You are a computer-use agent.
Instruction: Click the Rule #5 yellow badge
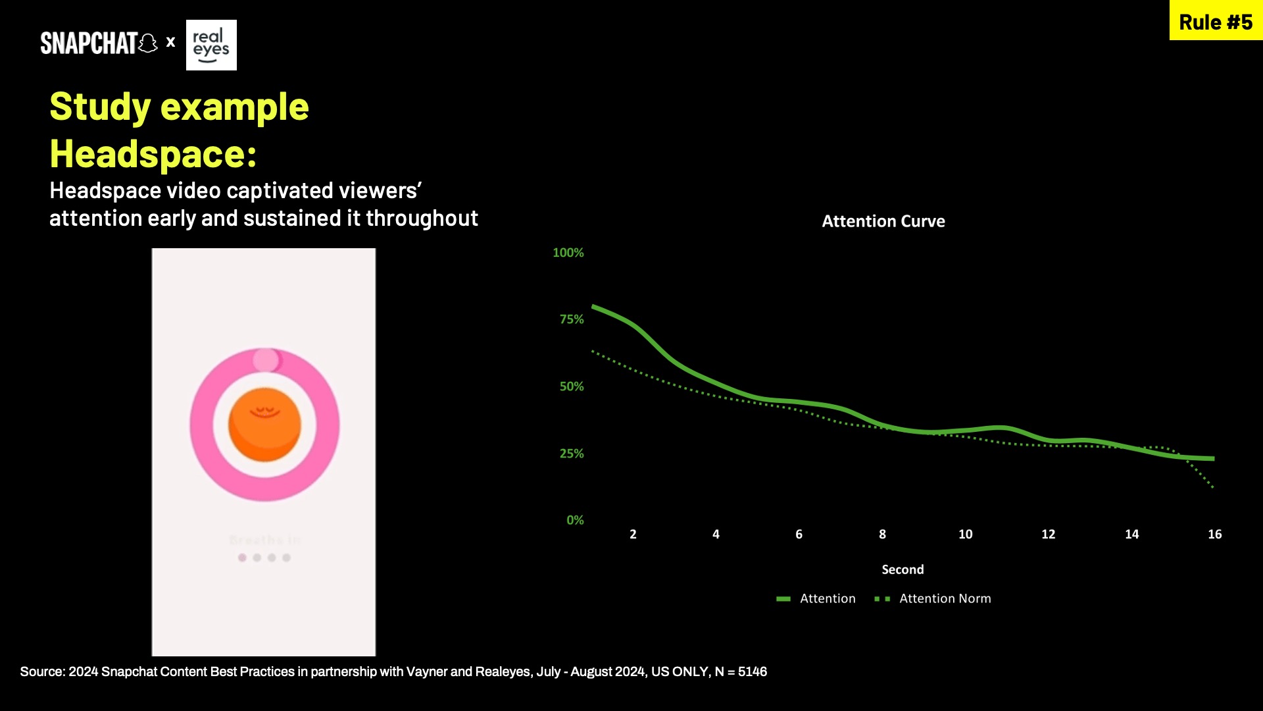click(x=1216, y=22)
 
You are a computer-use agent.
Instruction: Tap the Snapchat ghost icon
click(x=148, y=43)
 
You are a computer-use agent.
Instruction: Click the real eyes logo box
click(x=211, y=45)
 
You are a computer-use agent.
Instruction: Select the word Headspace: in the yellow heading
click(x=153, y=154)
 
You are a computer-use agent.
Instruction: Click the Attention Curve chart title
click(x=883, y=221)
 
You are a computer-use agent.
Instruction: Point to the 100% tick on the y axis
click(x=568, y=253)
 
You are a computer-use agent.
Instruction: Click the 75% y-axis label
click(x=571, y=319)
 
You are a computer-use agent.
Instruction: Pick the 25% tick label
click(x=571, y=454)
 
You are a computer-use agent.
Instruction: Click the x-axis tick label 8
click(x=882, y=535)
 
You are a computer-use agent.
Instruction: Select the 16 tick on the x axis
click(x=1214, y=535)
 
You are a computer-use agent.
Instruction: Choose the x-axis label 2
click(x=633, y=535)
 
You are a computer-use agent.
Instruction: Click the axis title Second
click(x=903, y=569)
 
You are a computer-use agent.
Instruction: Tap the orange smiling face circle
click(x=264, y=425)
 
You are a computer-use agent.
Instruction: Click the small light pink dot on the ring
click(x=266, y=360)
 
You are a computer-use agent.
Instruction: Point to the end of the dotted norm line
click(x=1212, y=487)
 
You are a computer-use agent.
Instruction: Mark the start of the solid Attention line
click(x=594, y=307)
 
